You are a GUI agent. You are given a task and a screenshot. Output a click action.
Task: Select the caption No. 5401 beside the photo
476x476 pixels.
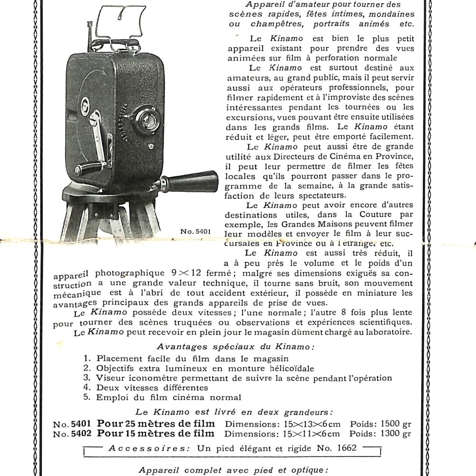click(195, 232)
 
